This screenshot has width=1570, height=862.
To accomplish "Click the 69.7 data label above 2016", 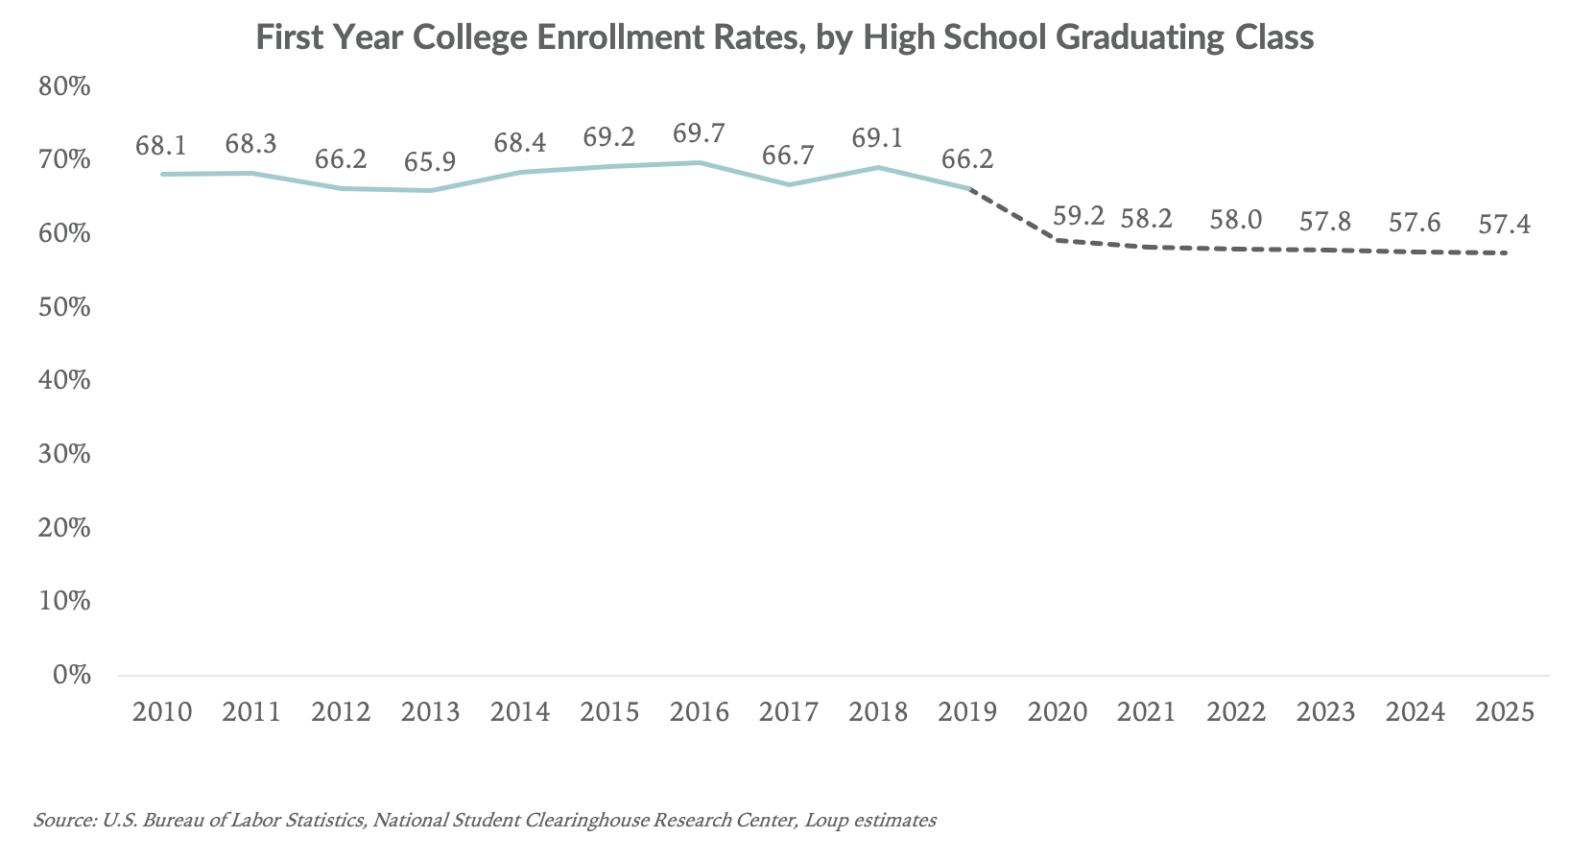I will tap(699, 134).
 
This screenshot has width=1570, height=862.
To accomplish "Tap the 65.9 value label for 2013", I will tap(430, 162).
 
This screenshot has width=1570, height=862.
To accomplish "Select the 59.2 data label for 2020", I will tap(1079, 217).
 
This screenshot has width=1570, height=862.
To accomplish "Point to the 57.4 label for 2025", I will tap(1505, 226).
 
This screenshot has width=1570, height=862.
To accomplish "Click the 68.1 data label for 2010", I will tap(161, 146).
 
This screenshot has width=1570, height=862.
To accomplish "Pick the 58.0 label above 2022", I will tap(1235, 220).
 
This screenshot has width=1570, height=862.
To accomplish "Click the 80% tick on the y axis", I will tap(64, 87).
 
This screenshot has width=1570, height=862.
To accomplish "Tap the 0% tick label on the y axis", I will tap(71, 675).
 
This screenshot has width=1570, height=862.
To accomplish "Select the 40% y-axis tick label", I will tap(64, 381).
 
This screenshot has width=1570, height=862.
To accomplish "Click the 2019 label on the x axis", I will tap(967, 712).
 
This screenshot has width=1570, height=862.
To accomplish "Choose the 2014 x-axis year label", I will tap(520, 712).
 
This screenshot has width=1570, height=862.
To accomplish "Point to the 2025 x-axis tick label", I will tap(1505, 712).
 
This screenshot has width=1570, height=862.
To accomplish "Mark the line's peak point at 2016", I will tap(699, 162).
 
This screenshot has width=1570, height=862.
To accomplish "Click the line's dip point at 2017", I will tap(789, 184).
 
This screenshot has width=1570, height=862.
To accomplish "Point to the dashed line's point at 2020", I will tap(1057, 239).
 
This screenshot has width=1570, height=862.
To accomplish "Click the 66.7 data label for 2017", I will tap(789, 156).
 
